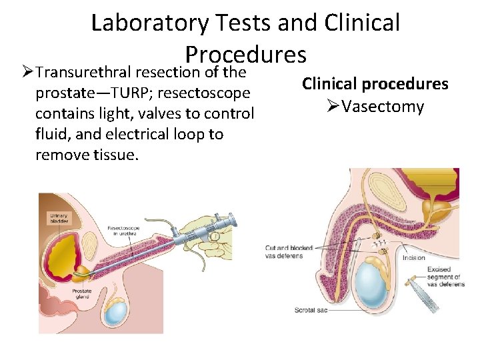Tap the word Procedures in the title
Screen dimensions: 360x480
pos(245,54)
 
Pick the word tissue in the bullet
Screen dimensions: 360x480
pos(119,155)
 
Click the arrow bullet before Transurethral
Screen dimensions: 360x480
pos(26,72)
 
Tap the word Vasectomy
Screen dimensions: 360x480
pos(383,106)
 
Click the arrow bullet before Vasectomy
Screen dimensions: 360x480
pos(333,106)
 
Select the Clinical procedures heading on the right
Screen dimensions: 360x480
pos(375,84)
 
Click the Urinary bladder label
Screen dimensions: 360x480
pos(57,219)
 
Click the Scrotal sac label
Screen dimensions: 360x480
pos(311,310)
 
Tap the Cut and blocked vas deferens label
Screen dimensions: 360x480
pos(284,251)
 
